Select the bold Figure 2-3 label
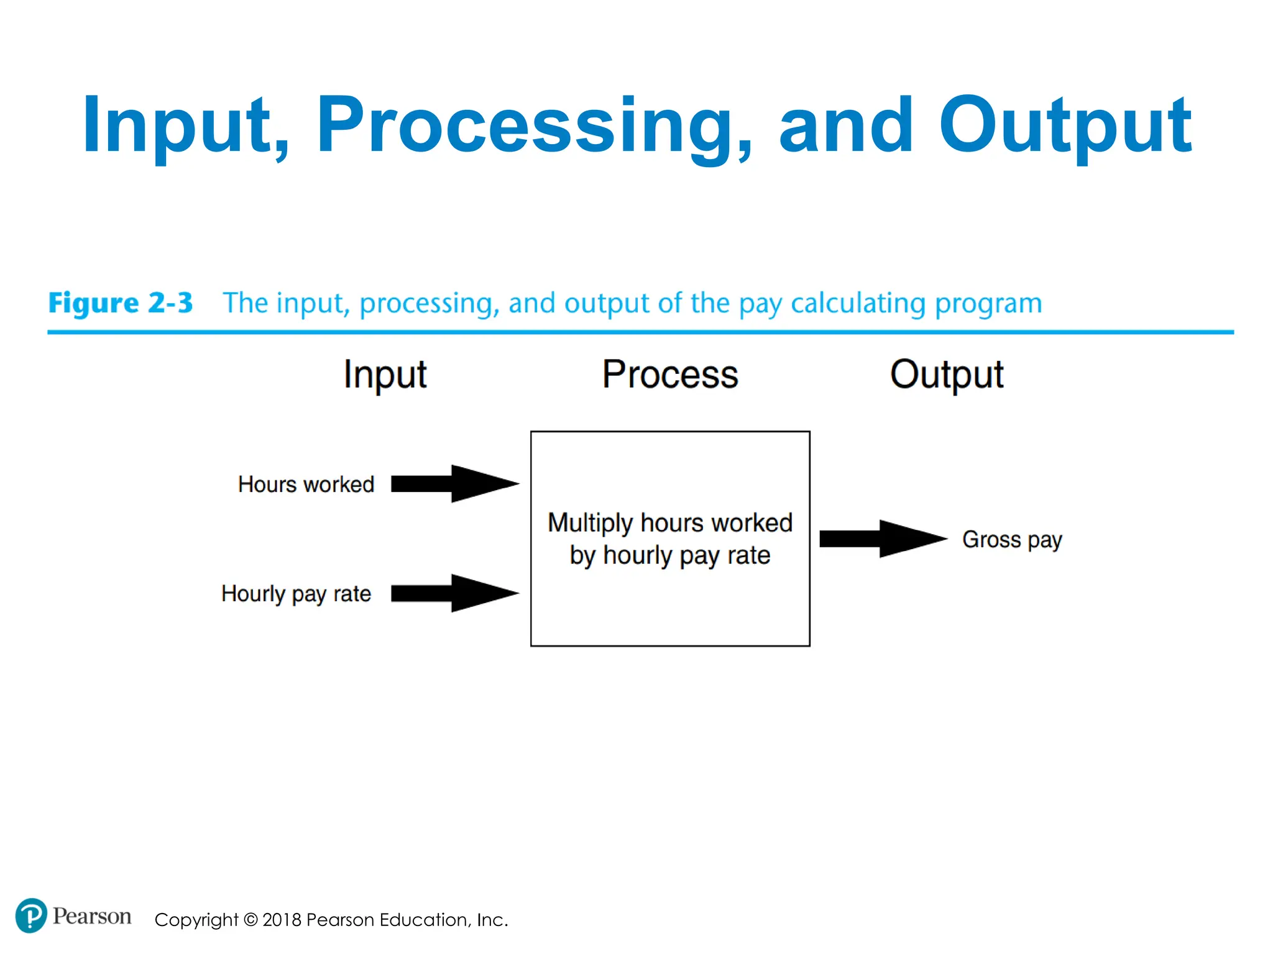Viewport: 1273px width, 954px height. click(121, 303)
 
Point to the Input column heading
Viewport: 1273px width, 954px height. click(385, 375)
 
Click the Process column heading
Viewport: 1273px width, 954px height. click(670, 375)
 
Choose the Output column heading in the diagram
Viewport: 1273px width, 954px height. click(946, 375)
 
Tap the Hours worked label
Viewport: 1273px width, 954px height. click(306, 484)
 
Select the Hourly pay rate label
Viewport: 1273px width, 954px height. click(296, 594)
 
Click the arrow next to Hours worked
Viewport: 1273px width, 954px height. click(454, 483)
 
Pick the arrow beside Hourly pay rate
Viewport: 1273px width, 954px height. click(454, 593)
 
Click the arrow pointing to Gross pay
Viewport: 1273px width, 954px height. click(883, 538)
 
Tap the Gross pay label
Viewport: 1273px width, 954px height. click(1012, 539)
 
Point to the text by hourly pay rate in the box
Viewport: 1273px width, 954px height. click(670, 555)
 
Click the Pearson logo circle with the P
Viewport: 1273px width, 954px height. click(30, 915)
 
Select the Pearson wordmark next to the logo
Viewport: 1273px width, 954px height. click(92, 916)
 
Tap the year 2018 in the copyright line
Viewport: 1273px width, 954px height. click(282, 920)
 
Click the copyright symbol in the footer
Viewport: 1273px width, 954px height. click(250, 920)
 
